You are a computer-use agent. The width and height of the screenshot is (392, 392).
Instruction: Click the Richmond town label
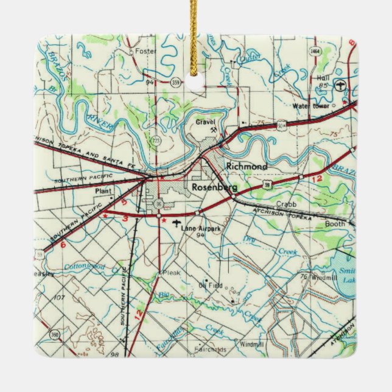[x=246, y=166]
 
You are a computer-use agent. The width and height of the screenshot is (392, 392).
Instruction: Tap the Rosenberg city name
[x=214, y=187]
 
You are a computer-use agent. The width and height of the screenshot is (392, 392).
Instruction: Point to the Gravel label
[x=206, y=122]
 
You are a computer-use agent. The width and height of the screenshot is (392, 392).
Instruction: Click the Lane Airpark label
[x=201, y=228]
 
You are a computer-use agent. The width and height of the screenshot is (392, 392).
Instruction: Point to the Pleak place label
[x=170, y=274]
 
